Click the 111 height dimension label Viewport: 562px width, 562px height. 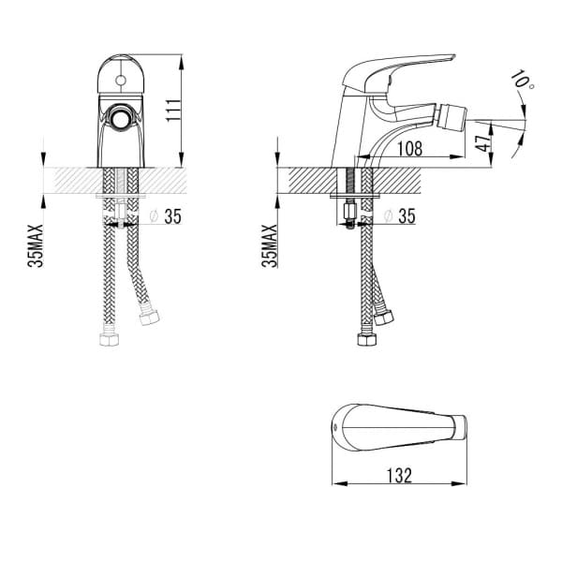coord(173,111)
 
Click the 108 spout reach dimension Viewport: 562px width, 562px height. coord(410,148)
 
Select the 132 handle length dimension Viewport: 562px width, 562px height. coord(399,476)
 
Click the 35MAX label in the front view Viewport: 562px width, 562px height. coord(36,245)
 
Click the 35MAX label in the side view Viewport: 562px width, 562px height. coord(270,245)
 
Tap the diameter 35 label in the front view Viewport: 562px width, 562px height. coord(166,216)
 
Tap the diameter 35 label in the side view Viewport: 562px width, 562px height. coord(399,216)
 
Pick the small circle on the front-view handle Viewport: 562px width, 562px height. coord(121,81)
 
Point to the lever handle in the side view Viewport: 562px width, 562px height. coord(398,72)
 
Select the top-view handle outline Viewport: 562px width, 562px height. coord(399,428)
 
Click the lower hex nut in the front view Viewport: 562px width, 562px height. coord(109,339)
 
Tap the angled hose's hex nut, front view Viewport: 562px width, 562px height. coord(149,318)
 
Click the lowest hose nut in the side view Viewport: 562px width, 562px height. coord(366,339)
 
